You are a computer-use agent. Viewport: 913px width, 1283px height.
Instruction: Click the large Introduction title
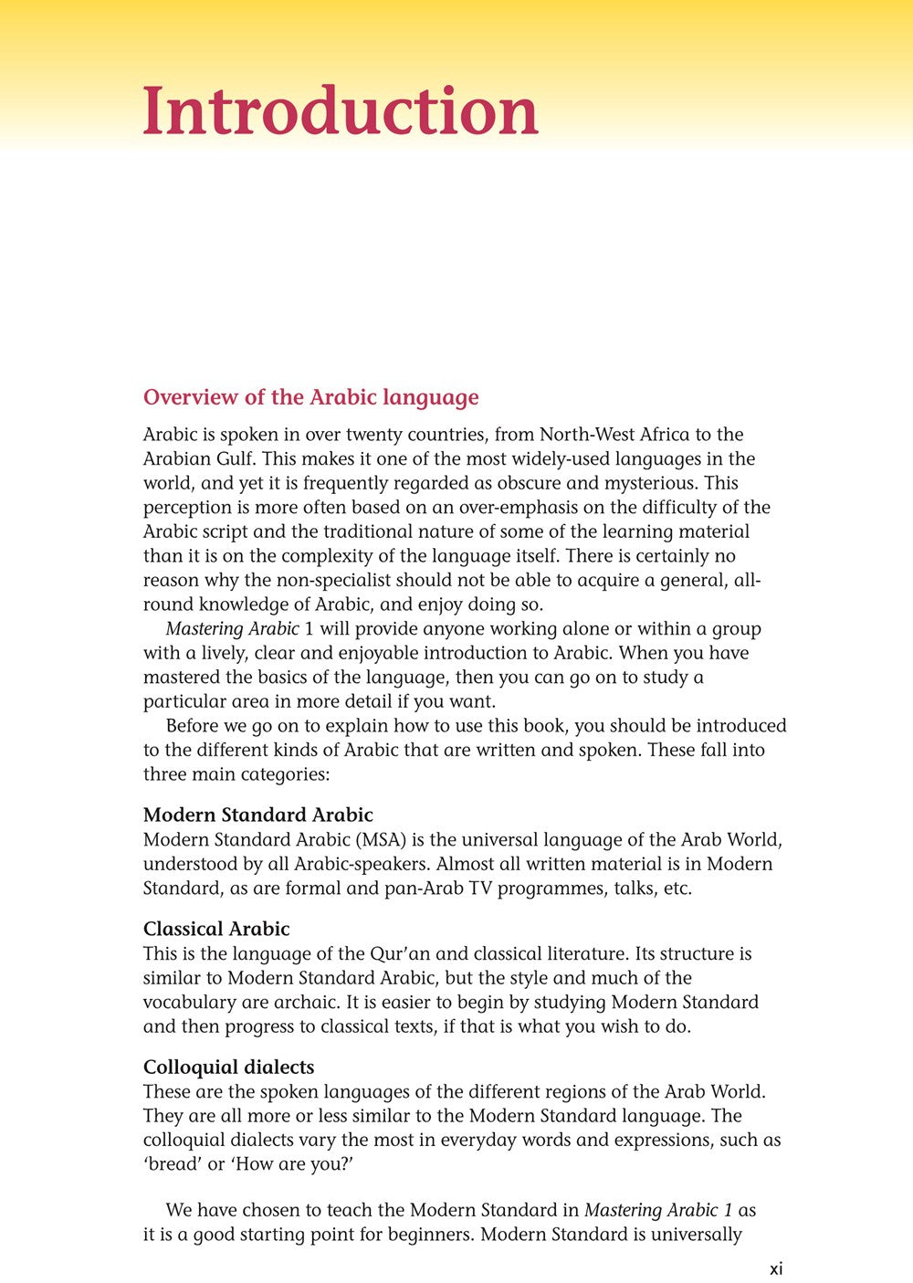[x=340, y=112]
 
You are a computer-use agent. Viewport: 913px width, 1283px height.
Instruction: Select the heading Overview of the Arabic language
[x=310, y=397]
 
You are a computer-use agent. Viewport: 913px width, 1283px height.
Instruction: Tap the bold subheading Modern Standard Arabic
[x=257, y=815]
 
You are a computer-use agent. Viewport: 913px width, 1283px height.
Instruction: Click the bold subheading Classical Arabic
[x=216, y=929]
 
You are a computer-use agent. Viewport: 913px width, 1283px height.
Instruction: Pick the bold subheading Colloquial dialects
[x=228, y=1067]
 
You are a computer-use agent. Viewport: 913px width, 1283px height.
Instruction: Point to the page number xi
[x=776, y=1268]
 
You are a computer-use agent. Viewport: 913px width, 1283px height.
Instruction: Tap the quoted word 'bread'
[x=173, y=1164]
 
